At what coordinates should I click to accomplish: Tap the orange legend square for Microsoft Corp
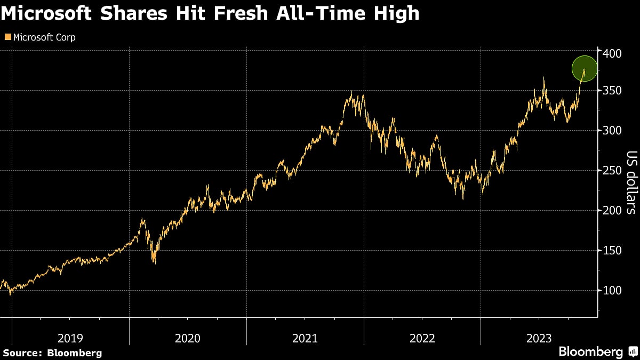[x=7, y=37]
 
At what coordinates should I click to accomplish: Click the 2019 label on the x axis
[x=70, y=338]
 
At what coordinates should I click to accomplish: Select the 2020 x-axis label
[x=187, y=338]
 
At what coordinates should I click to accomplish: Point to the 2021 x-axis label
[x=305, y=338]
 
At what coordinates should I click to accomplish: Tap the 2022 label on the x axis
[x=422, y=338]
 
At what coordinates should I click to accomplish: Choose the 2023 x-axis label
[x=539, y=338]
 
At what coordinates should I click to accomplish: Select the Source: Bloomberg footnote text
[x=52, y=353]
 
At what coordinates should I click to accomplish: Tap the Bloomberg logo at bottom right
[x=597, y=351]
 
